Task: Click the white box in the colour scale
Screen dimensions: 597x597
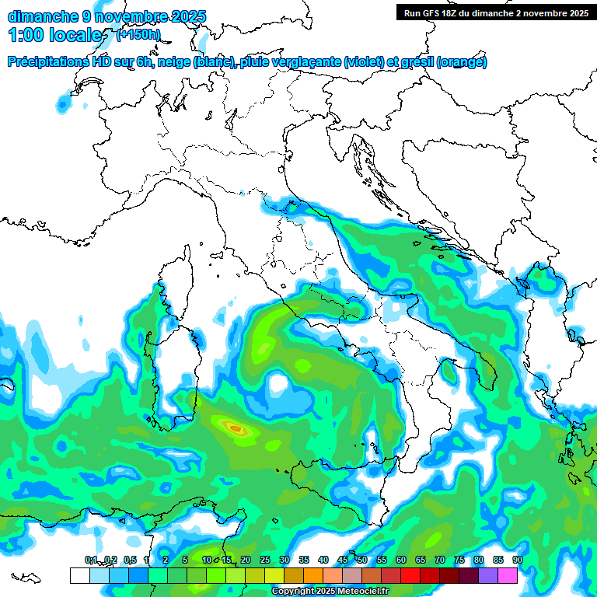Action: [x=79, y=575]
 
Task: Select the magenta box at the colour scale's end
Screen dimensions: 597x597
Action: [x=508, y=575]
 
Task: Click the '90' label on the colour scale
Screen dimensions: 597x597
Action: [x=518, y=560]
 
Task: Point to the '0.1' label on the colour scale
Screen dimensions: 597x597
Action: [x=90, y=560]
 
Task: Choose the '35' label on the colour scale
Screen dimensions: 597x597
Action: [x=304, y=560]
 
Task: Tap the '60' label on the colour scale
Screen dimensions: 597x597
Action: [x=401, y=560]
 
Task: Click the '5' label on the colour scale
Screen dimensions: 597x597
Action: [x=185, y=560]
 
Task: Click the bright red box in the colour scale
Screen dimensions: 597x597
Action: [x=410, y=575]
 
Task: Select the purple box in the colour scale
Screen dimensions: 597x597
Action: [x=488, y=575]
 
